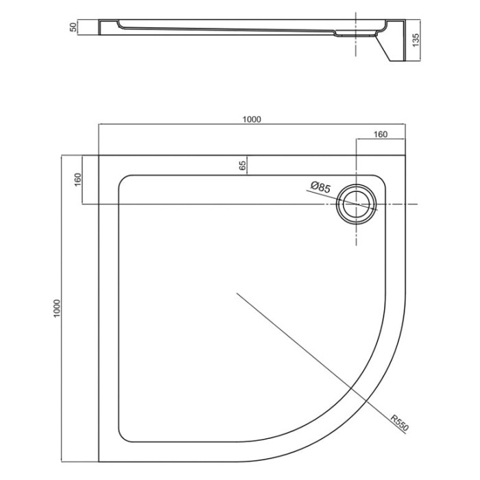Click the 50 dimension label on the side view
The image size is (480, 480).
(x=73, y=27)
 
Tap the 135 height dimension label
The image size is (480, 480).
(x=416, y=40)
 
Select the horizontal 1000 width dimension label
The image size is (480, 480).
(x=252, y=119)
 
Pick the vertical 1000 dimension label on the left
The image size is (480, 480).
(x=57, y=309)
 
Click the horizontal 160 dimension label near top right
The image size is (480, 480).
(x=381, y=134)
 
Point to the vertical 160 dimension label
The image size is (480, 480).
(x=77, y=180)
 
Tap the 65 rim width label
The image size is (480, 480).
(x=242, y=166)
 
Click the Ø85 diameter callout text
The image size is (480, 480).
(x=320, y=187)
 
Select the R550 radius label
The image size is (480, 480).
(x=400, y=423)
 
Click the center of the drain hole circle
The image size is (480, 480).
(x=356, y=204)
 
